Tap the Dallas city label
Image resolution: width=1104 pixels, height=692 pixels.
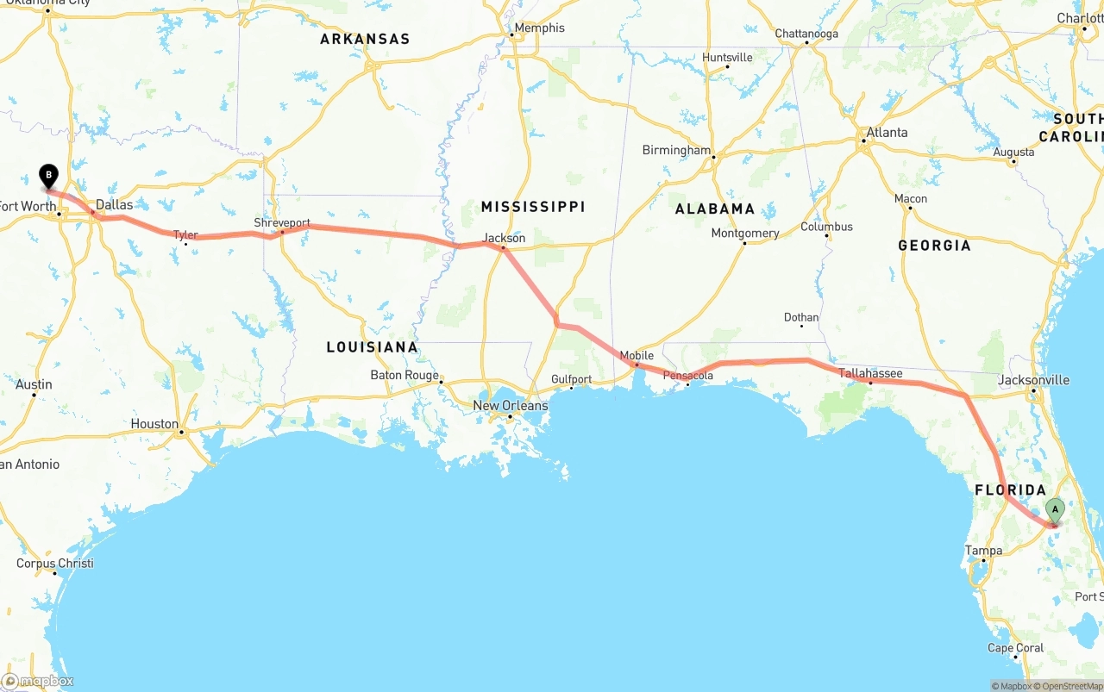point(114,205)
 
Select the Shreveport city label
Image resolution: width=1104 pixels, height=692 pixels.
point(281,222)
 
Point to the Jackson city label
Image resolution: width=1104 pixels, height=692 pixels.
point(504,238)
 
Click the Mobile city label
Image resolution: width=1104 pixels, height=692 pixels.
point(637,355)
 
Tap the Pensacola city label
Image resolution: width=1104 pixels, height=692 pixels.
point(687,376)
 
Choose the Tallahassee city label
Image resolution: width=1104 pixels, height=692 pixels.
point(870,373)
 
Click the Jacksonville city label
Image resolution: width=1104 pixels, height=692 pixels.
point(1033,380)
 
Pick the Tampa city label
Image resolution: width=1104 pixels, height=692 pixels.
point(983,551)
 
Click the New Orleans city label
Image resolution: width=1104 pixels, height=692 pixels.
point(510,406)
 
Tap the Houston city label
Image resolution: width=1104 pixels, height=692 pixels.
point(154,424)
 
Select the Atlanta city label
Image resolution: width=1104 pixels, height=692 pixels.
point(887,133)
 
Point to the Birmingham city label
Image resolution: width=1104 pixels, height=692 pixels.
point(676,150)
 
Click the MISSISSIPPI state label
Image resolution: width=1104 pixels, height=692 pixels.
point(533,207)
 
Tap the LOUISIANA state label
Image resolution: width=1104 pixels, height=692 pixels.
point(372,347)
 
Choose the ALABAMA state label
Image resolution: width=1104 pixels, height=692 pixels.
point(714,209)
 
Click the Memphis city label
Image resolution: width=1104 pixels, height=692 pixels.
point(539,28)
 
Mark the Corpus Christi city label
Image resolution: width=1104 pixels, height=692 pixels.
point(54,564)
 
